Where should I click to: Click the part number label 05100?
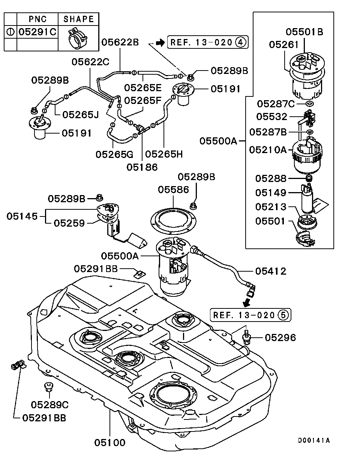click(x=109, y=442)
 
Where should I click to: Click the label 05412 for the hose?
click(x=271, y=271)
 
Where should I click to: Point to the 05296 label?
click(x=280, y=338)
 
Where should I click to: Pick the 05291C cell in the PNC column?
click(x=37, y=32)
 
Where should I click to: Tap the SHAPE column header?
click(x=78, y=18)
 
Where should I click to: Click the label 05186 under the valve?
click(x=142, y=167)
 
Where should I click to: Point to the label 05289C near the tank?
click(x=50, y=404)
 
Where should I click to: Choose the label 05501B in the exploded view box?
click(x=304, y=32)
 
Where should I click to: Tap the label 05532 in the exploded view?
click(x=271, y=117)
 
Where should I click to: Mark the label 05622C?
click(x=90, y=61)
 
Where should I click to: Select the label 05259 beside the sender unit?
click(x=69, y=223)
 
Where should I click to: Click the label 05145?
click(x=22, y=216)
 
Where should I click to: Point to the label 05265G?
click(x=114, y=154)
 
